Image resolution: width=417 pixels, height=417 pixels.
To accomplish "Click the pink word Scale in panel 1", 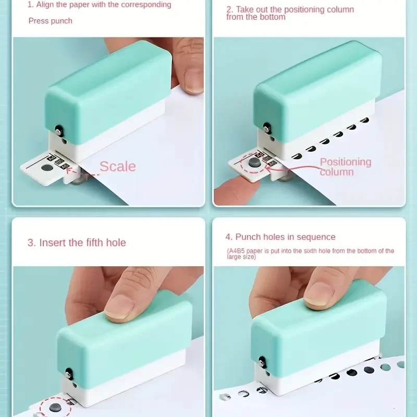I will [x=117, y=166].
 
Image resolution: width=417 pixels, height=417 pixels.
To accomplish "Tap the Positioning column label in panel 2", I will [x=345, y=167].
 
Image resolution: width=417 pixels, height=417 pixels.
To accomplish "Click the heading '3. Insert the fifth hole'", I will [x=77, y=242].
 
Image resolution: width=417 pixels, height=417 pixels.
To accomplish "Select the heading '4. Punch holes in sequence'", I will [x=280, y=237].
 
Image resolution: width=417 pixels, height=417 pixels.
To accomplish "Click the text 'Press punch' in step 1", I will [x=50, y=21].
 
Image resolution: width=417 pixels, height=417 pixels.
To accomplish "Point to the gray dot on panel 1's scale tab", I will [x=47, y=168].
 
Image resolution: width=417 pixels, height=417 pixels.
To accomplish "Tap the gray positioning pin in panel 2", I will [x=254, y=164].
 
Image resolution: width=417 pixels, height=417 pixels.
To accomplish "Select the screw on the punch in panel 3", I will [x=68, y=372].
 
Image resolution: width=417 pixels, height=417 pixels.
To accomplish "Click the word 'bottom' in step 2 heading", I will [x=272, y=17].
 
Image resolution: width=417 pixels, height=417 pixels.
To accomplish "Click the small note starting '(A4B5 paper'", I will [x=310, y=253].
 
